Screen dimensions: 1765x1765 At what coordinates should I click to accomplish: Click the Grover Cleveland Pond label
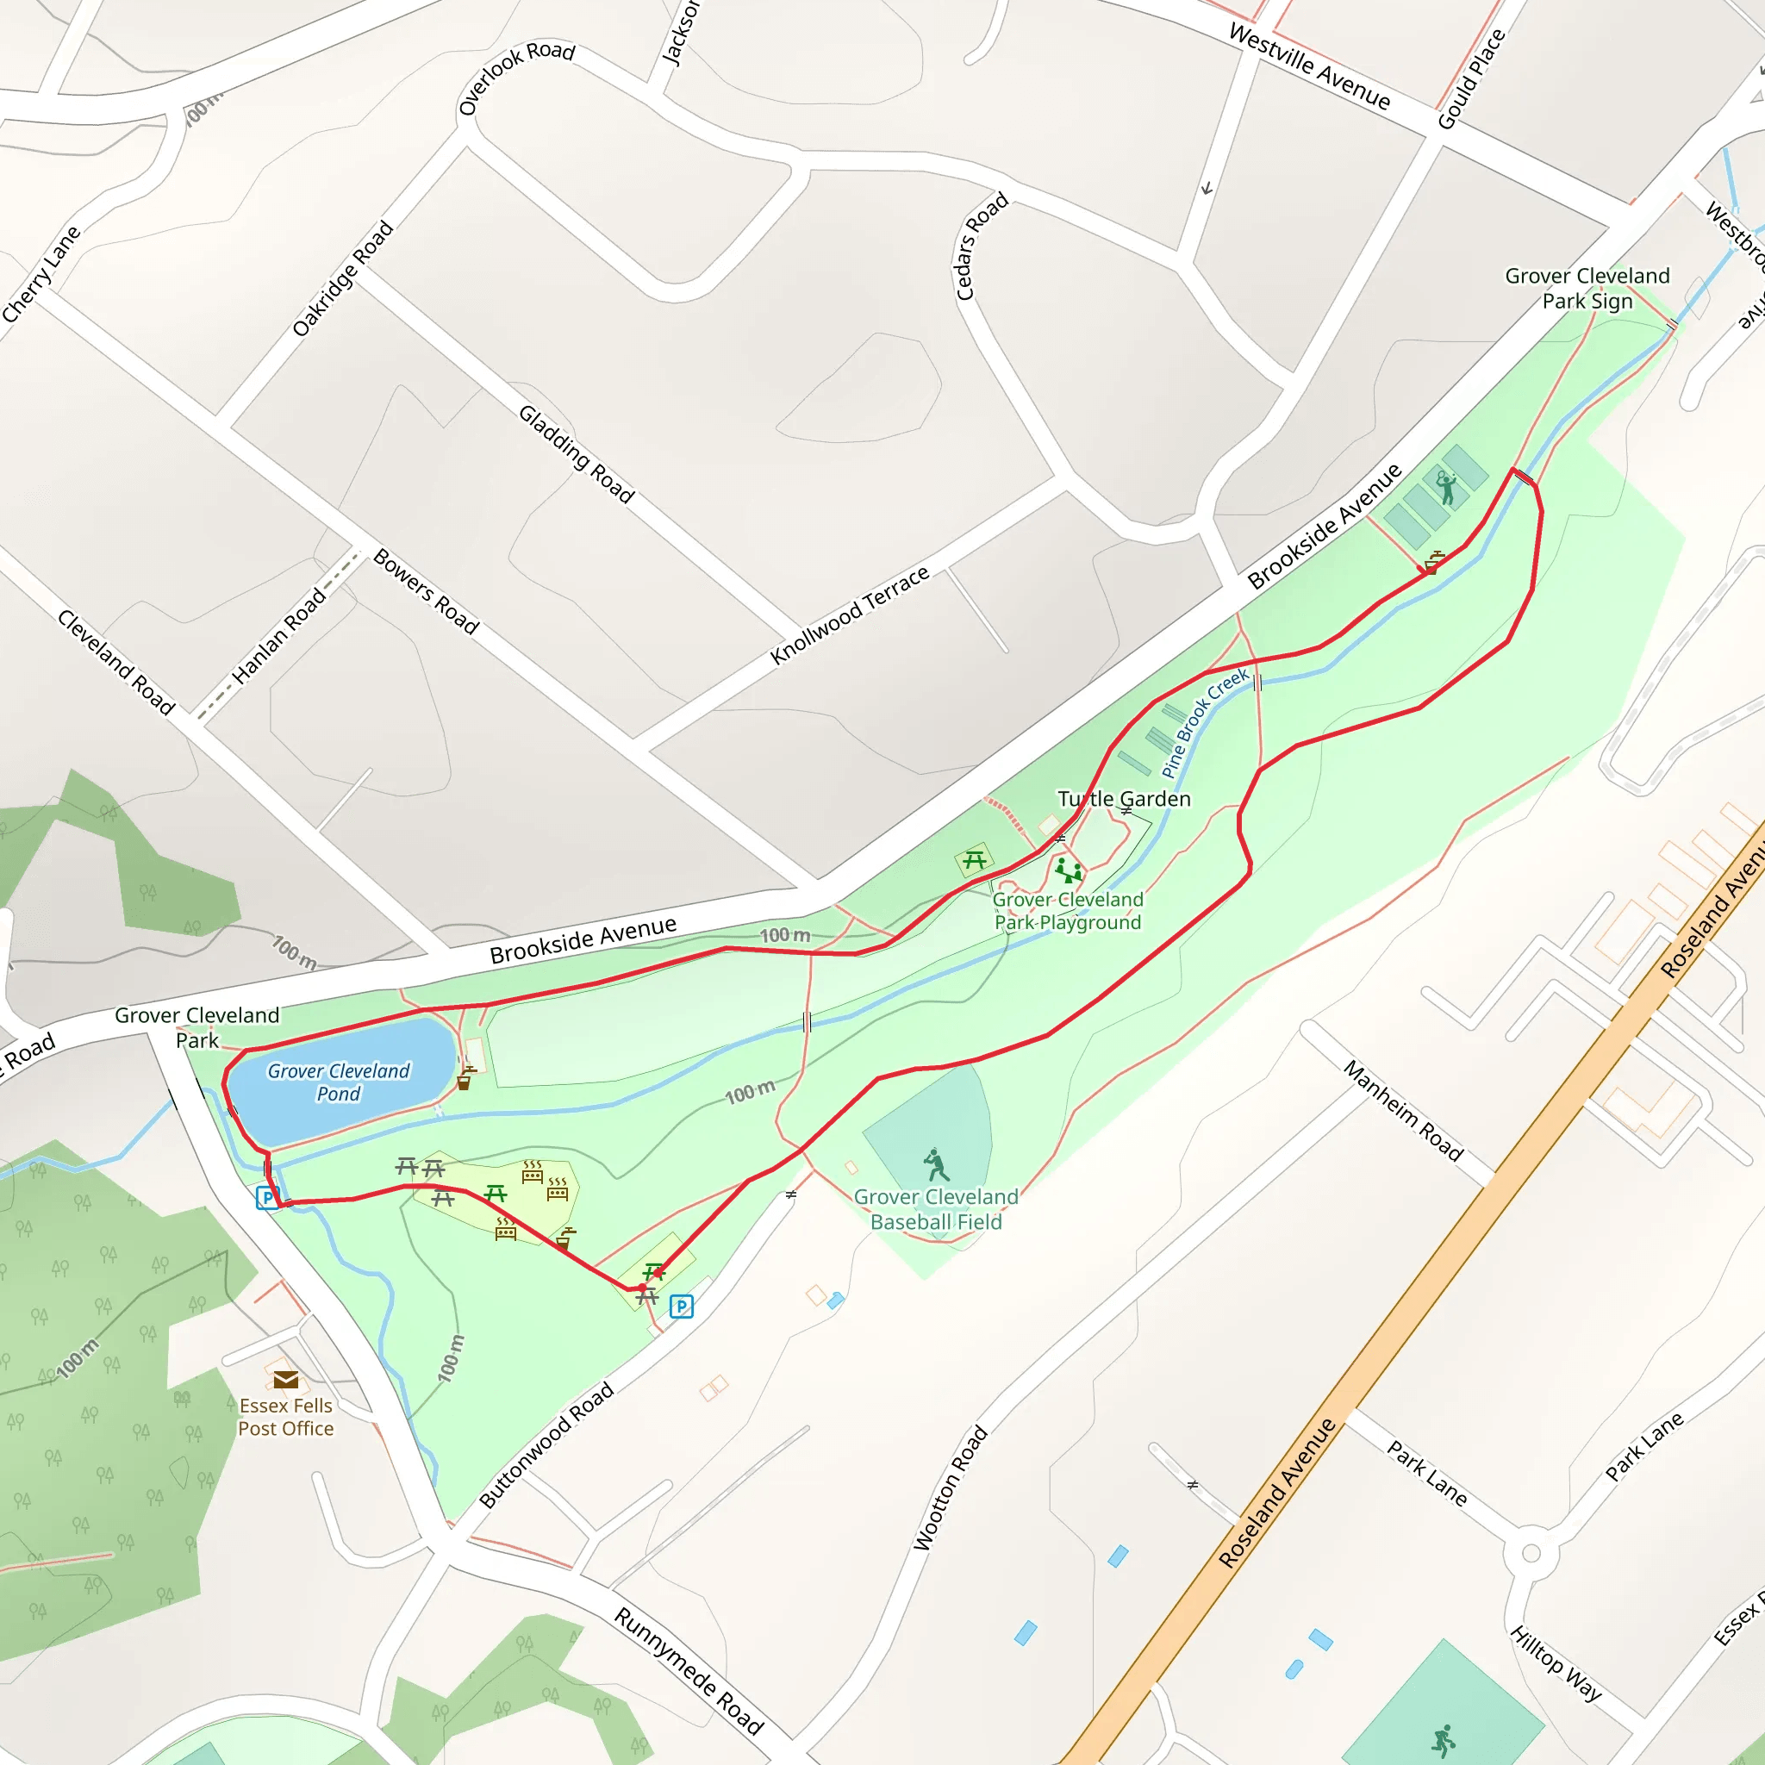[x=338, y=1082]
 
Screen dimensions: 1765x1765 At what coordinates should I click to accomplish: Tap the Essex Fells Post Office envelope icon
[x=285, y=1379]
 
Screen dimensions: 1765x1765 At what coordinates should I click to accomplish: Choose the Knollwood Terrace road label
[x=849, y=614]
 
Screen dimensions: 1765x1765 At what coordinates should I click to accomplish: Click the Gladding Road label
[x=577, y=453]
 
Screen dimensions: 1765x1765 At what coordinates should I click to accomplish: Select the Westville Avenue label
[x=1309, y=65]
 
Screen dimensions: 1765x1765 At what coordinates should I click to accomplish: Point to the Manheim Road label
[x=1403, y=1109]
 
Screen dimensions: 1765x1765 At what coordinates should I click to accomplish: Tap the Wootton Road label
[x=950, y=1487]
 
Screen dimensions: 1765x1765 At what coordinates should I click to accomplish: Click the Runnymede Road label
[x=688, y=1670]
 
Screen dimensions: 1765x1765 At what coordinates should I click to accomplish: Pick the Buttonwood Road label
[x=546, y=1444]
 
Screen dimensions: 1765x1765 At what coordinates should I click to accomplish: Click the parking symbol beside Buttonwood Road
[x=681, y=1307]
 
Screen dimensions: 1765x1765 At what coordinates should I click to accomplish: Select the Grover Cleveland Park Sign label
[x=1587, y=288]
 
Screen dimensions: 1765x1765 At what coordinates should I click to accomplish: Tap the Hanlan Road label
[x=278, y=636]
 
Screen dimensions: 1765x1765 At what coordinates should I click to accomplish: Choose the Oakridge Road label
[x=343, y=278]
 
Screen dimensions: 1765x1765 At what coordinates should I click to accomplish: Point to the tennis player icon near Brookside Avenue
[x=1445, y=488]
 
